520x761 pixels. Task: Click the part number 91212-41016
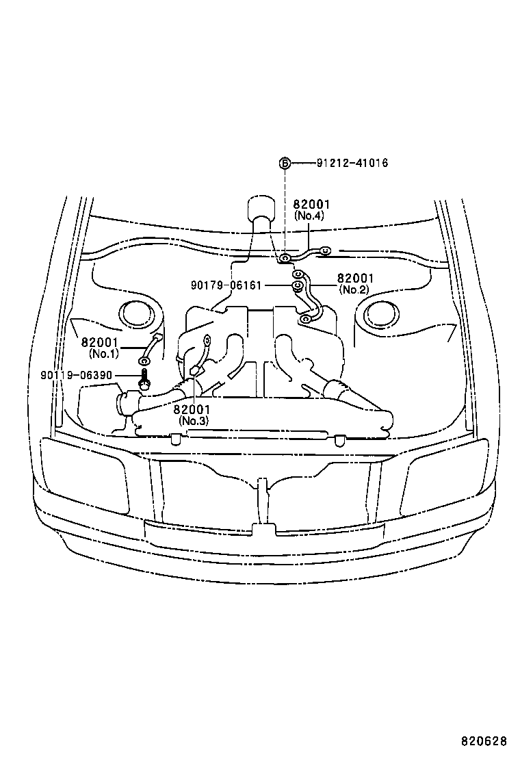tap(352, 163)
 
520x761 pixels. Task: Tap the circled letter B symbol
tap(285, 163)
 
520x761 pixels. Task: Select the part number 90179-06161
tap(226, 285)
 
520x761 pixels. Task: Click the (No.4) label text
tap(309, 215)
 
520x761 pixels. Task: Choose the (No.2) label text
tap(353, 289)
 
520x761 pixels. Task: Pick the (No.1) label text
tap(104, 353)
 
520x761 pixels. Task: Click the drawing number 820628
tap(483, 741)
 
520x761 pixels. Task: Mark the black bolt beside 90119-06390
tap(144, 377)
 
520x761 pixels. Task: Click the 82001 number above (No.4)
tap(312, 204)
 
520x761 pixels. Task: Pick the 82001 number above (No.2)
tap(355, 278)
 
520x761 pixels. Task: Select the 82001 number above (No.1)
tap(100, 342)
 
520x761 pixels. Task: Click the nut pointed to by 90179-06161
tap(298, 285)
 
